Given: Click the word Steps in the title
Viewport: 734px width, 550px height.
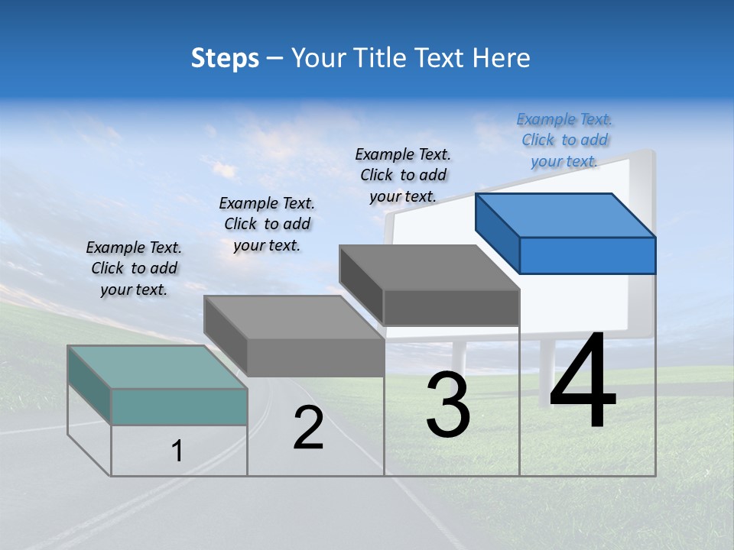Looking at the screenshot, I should [225, 58].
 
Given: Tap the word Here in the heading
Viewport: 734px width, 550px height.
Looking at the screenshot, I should [501, 58].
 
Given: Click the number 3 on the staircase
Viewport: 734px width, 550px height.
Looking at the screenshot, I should [448, 405].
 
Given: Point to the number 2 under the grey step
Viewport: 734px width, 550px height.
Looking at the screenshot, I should [308, 429].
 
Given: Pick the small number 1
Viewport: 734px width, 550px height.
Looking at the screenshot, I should [177, 451].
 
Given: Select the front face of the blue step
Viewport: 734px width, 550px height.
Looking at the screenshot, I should [587, 255].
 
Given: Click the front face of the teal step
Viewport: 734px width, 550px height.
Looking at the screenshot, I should [179, 406].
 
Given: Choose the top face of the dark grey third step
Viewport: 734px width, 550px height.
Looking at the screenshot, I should [430, 267].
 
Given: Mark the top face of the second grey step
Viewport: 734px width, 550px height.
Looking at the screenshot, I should [294, 317].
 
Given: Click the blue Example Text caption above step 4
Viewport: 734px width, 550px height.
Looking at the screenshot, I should [564, 140].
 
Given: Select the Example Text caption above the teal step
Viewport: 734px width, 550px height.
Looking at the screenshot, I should [134, 268].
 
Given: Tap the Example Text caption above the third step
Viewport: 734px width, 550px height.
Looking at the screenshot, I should [403, 175].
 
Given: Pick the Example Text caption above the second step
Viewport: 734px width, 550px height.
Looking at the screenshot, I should [267, 224].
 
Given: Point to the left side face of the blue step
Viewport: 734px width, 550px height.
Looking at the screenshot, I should [497, 232].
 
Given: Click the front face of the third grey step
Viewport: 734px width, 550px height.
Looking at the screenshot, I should [451, 307].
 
